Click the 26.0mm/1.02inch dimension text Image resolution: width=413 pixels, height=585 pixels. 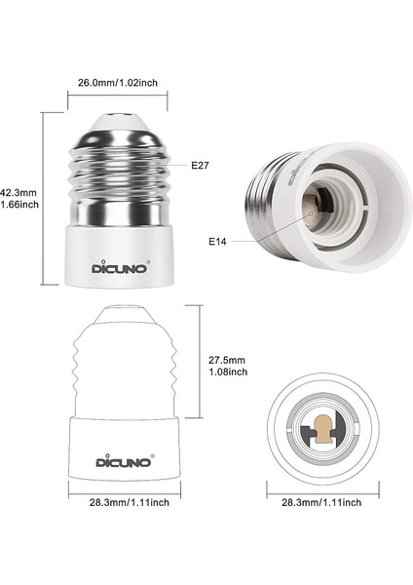(119, 84)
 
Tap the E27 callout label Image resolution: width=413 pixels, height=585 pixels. (201, 166)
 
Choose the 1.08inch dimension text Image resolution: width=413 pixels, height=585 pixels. (228, 371)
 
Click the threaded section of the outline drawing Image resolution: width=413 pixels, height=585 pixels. (119, 370)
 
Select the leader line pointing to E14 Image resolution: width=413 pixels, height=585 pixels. (263, 229)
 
